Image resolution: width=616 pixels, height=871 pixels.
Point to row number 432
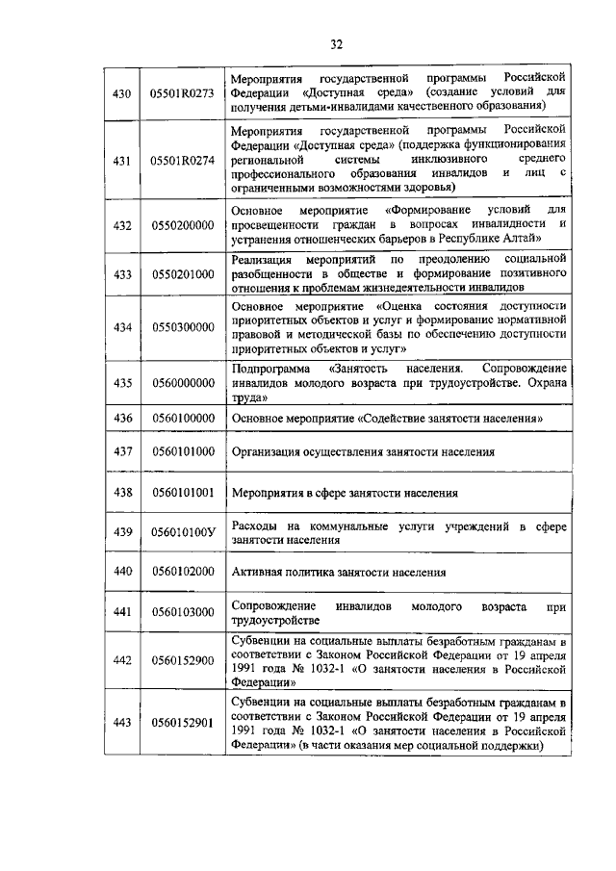point(122,225)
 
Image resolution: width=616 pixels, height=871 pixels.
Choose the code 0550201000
point(182,273)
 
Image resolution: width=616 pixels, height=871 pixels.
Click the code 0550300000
point(182,327)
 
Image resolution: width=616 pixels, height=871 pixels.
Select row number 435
point(122,382)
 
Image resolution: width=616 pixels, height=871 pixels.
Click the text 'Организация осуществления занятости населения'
point(364,451)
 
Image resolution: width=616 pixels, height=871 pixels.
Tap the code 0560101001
point(182,492)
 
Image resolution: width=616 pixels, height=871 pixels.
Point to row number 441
point(122,612)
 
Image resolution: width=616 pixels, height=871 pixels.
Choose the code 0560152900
point(182,659)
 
